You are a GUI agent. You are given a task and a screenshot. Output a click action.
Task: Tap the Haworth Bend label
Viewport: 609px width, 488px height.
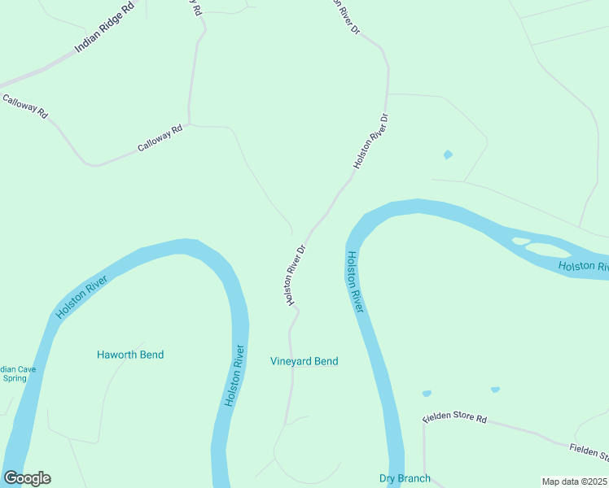click(130, 355)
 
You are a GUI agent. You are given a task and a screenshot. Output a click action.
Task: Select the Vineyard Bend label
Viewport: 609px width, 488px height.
click(304, 361)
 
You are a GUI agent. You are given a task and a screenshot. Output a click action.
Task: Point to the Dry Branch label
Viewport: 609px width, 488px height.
click(405, 478)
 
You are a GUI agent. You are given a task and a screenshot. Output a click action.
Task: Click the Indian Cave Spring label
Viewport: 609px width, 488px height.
click(17, 374)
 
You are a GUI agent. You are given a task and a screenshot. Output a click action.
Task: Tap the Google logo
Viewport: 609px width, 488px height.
click(27, 478)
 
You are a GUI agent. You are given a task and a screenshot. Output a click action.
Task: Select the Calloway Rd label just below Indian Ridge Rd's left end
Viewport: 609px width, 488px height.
click(25, 107)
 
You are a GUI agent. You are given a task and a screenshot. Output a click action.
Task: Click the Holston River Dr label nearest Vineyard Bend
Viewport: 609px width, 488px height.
click(295, 275)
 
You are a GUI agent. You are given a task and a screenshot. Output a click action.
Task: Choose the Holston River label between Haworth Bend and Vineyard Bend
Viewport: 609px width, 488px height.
click(234, 377)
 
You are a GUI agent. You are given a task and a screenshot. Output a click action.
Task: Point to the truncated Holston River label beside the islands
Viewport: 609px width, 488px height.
click(583, 267)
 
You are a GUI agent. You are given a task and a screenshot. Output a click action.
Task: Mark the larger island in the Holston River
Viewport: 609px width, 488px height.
click(550, 251)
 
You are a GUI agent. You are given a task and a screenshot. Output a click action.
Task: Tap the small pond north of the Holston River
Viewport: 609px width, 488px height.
click(447, 155)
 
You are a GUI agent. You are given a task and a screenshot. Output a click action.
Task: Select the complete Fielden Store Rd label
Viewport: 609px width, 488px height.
click(454, 419)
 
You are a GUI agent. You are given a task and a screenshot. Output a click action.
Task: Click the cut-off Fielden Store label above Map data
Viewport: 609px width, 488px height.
click(588, 451)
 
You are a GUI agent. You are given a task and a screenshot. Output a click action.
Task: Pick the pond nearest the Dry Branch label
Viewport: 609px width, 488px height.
click(427, 394)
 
